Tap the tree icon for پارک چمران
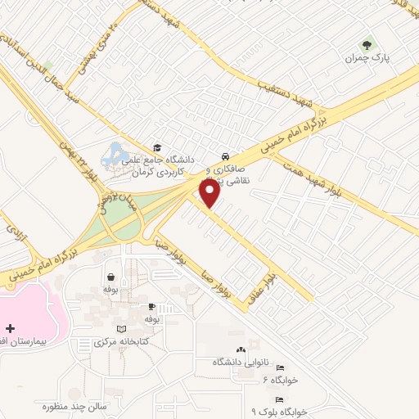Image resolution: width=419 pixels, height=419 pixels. pos(365,45)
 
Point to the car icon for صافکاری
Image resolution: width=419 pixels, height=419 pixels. pos(224,156)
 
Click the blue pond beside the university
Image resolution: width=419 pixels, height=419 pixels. pos(115,154)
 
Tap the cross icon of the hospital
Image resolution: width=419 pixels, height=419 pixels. pos(9,328)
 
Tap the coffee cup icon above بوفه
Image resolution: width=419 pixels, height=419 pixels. pos(151,307)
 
